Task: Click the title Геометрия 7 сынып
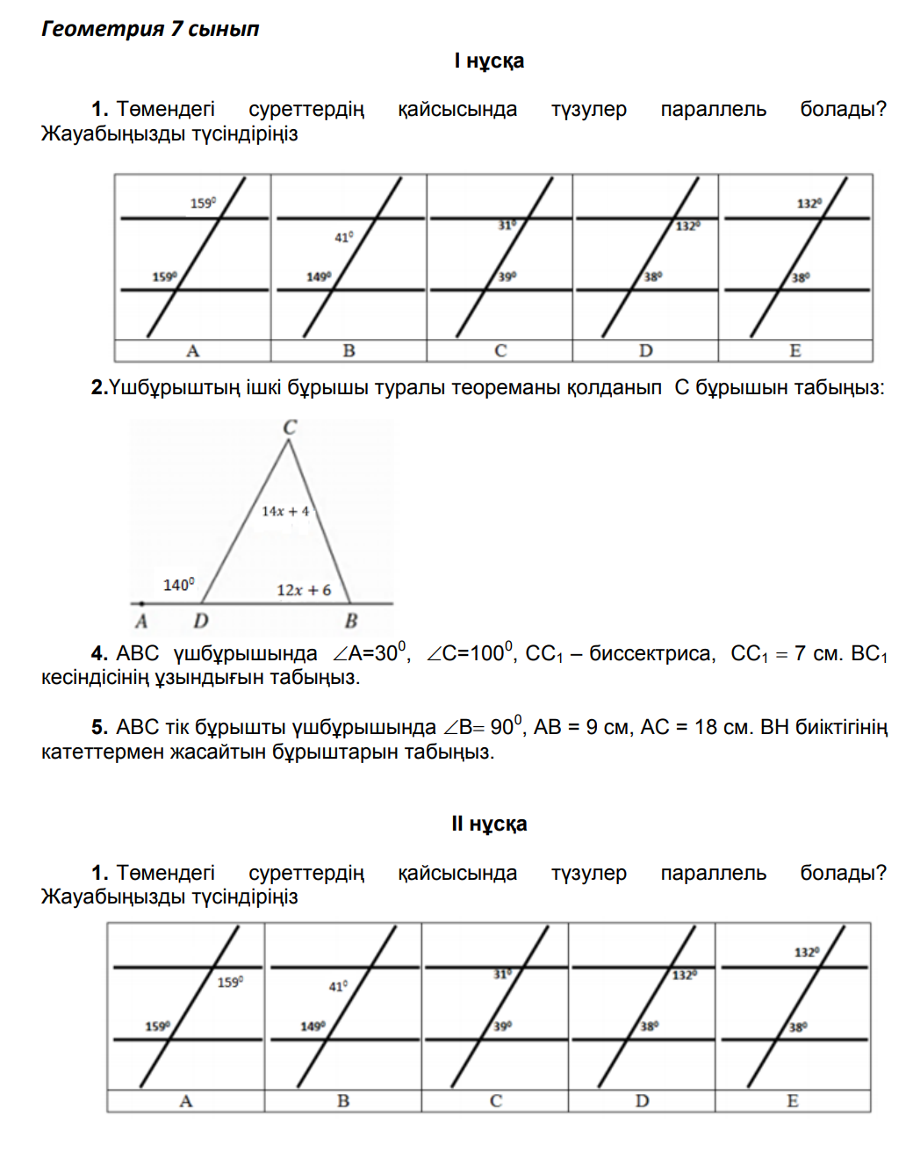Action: point(150,29)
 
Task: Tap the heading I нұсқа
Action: point(489,61)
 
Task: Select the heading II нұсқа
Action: point(489,824)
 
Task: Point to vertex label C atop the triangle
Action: point(290,428)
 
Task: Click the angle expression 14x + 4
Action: point(285,511)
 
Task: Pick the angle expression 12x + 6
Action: point(304,590)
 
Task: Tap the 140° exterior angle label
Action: point(179,585)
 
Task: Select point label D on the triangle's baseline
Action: point(201,622)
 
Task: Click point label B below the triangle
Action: point(351,622)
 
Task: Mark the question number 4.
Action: point(99,654)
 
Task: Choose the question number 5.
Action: point(99,728)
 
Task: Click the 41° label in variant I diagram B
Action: point(343,237)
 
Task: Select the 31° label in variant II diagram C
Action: point(501,974)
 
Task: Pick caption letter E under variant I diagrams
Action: point(794,351)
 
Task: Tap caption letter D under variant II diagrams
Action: point(642,1101)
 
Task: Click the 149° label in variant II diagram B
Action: point(313,1026)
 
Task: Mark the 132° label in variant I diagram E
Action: point(809,204)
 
